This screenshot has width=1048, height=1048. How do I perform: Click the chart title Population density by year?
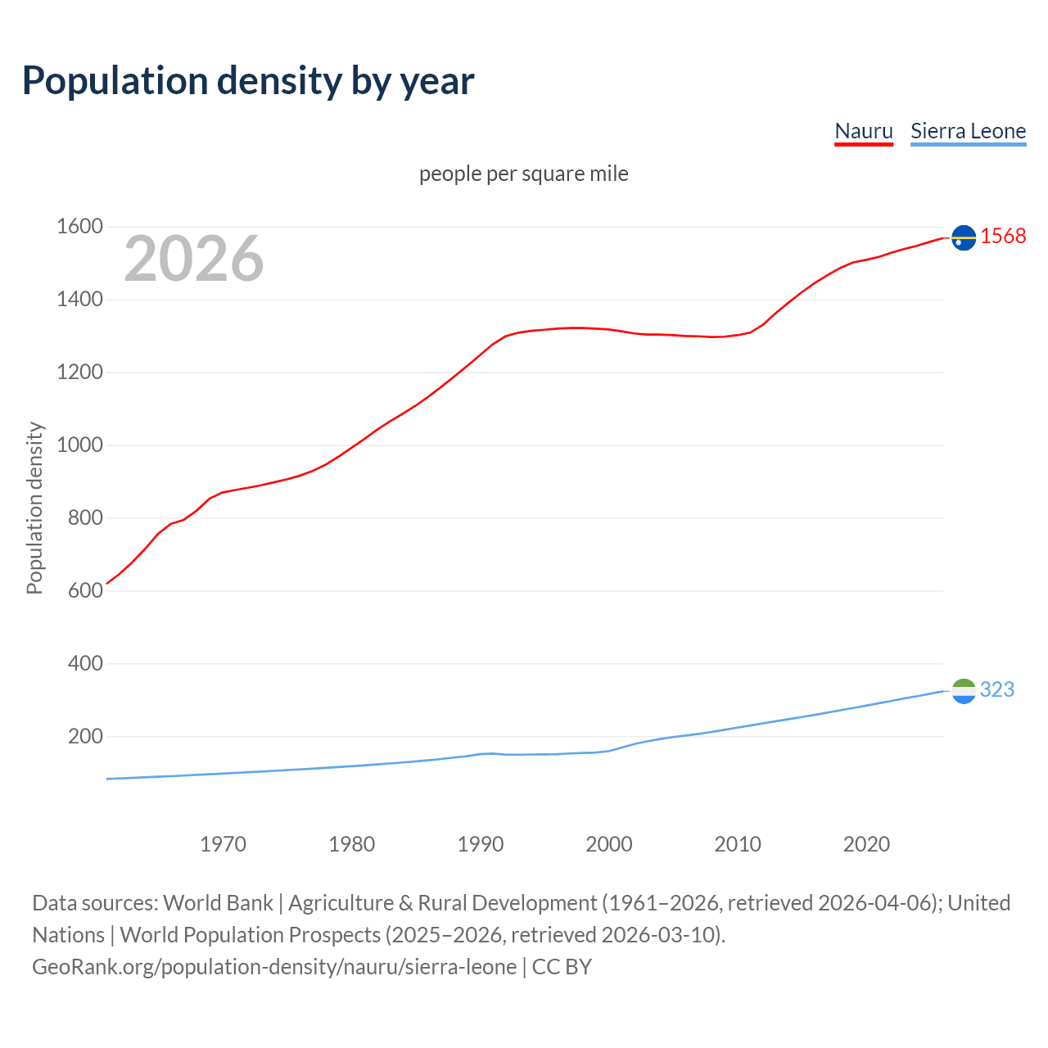tap(248, 81)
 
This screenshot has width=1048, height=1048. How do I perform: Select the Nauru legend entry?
tap(863, 131)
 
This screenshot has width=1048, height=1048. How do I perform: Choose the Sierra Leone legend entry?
tap(968, 131)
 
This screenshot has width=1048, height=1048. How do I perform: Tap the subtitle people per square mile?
tap(523, 174)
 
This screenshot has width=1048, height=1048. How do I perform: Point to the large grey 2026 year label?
tap(194, 259)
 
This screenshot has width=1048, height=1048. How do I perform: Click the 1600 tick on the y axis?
tap(79, 227)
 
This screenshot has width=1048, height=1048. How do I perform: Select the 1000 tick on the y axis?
tap(79, 445)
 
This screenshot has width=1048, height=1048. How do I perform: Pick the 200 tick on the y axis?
tap(85, 737)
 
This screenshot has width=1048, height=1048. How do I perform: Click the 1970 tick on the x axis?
tap(223, 844)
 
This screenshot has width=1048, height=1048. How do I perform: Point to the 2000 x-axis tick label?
tap(608, 844)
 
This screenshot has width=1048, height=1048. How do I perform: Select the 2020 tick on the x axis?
tap(866, 844)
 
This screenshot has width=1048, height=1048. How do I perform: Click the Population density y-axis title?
tap(34, 508)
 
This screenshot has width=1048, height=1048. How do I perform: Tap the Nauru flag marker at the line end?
tap(964, 237)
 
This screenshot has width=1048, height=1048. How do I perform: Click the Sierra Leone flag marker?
tap(964, 692)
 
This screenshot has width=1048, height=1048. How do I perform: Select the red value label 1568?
tap(1003, 237)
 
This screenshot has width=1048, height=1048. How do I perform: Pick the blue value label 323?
tap(996, 690)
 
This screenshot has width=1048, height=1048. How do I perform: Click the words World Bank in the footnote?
tap(218, 903)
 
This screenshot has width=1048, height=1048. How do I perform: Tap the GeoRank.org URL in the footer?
tap(274, 967)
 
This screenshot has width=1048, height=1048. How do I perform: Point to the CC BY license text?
tap(562, 967)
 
